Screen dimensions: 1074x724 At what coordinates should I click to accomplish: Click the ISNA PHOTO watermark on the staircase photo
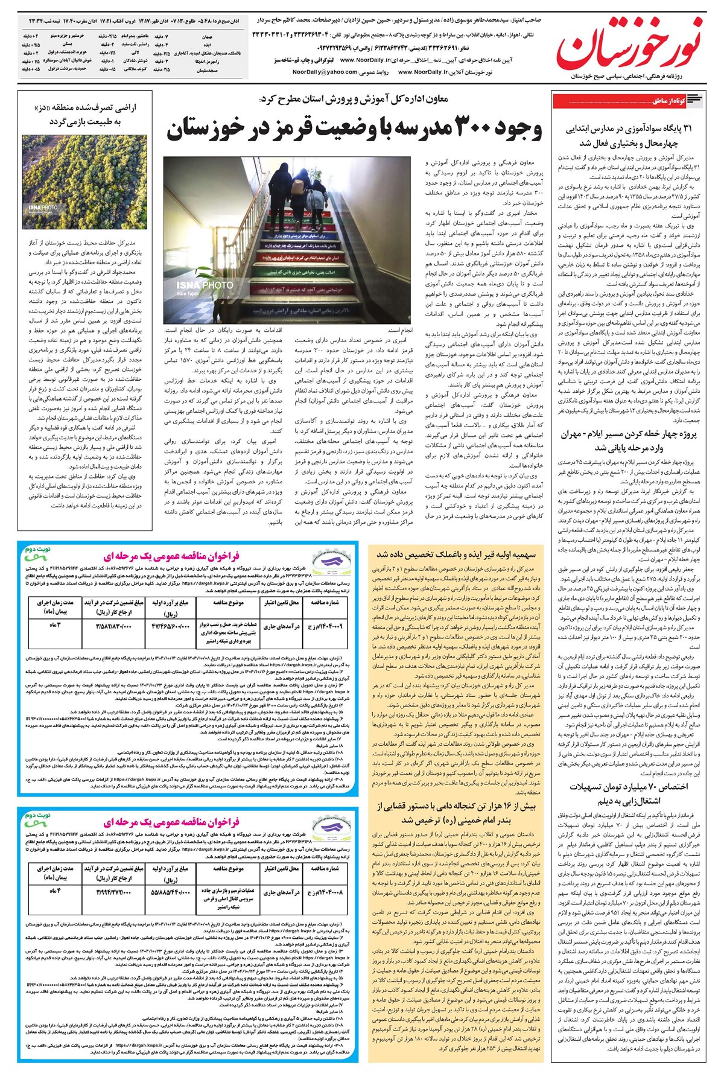coord(205,285)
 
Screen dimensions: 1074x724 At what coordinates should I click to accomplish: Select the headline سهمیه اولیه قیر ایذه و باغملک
coord(456,553)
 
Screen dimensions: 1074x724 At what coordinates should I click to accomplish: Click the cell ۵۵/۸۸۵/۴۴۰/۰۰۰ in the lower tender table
coord(170,891)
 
